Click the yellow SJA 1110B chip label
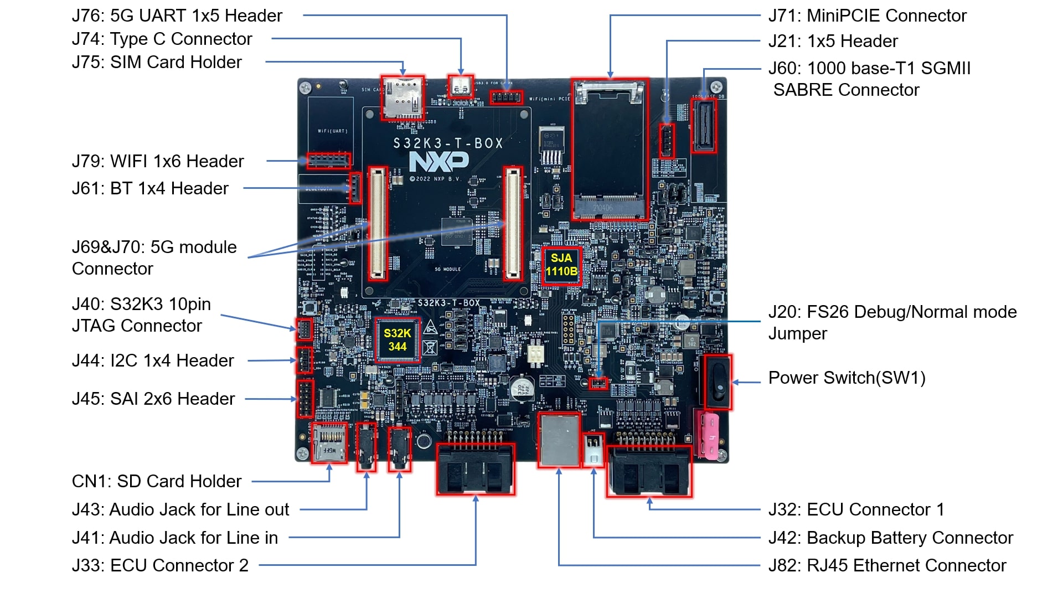pyautogui.click(x=561, y=265)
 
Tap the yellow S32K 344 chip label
pyautogui.click(x=397, y=340)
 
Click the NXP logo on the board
pyautogui.click(x=438, y=162)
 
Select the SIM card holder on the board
pyautogui.click(x=403, y=98)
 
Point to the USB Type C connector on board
pyautogui.click(x=461, y=86)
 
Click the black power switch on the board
pyautogui.click(x=716, y=383)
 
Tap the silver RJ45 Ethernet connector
pyautogui.click(x=559, y=440)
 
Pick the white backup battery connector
pyautogui.click(x=593, y=448)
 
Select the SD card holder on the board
pyautogui.click(x=329, y=443)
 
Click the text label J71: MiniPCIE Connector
pyautogui.click(x=867, y=16)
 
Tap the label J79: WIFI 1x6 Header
pyautogui.click(x=158, y=161)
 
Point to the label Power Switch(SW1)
pyautogui.click(x=847, y=378)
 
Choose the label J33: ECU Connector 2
pyautogui.click(x=160, y=565)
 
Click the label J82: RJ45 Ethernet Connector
pyautogui.click(x=887, y=565)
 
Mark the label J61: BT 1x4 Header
pyautogui.click(x=150, y=188)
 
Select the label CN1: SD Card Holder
pyautogui.click(x=157, y=481)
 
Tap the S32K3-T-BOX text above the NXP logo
pyautogui.click(x=448, y=143)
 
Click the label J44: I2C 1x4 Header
pyautogui.click(x=153, y=360)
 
